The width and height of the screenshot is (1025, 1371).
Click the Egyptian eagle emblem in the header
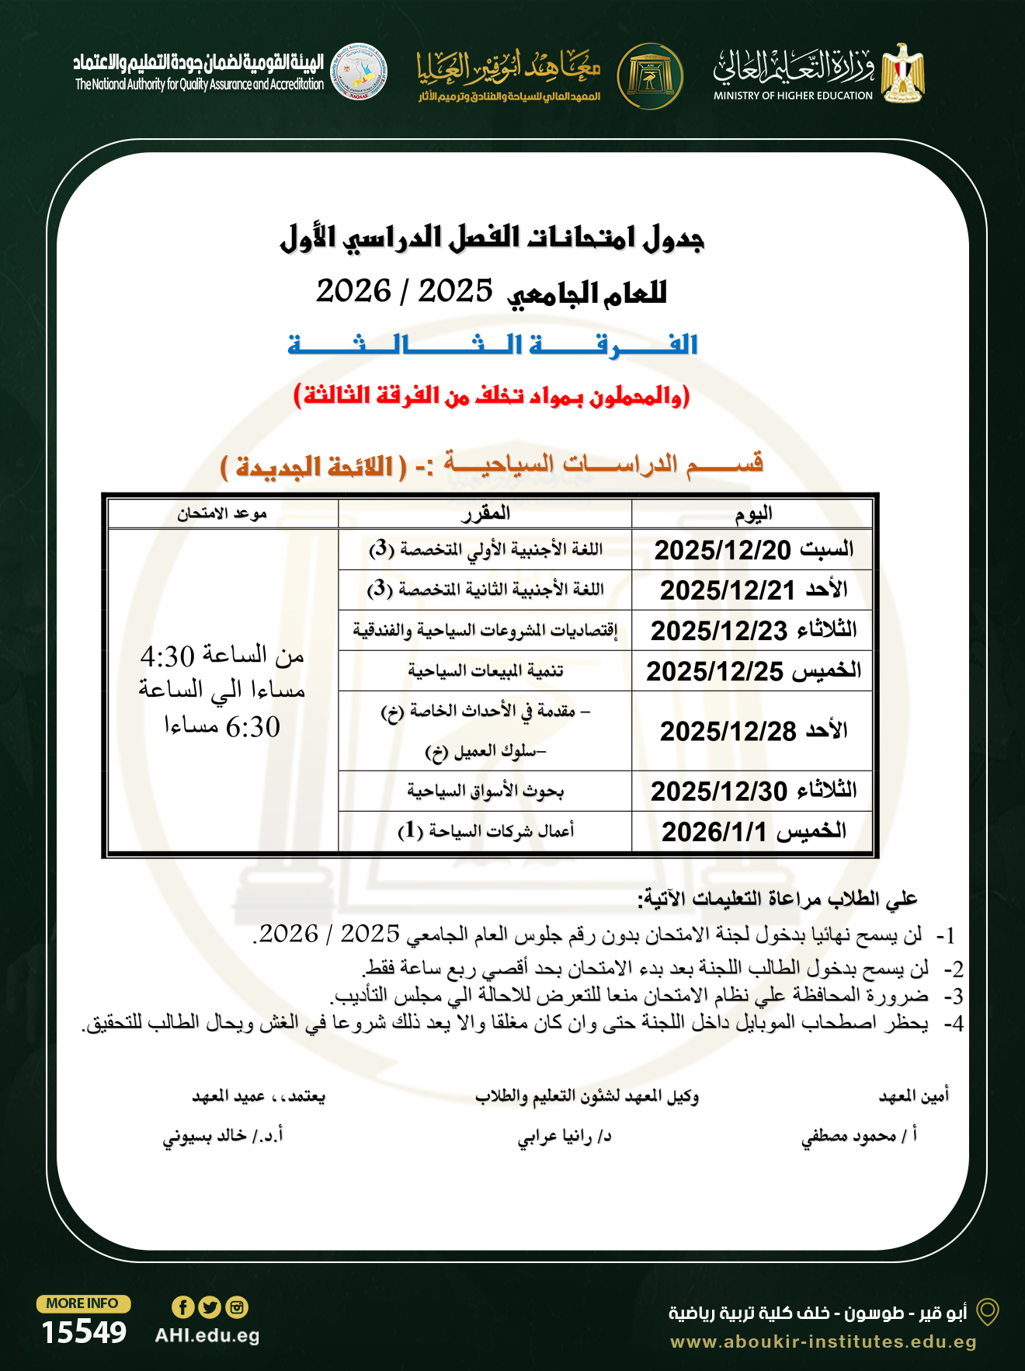902,73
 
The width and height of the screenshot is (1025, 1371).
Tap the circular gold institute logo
650,76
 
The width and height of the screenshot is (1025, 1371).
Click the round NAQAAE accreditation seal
359,71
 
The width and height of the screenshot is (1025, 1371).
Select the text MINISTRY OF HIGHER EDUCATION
793,96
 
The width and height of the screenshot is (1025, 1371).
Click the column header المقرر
485,513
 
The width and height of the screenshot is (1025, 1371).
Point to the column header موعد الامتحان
222,513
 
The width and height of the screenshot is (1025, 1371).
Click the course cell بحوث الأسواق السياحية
485,791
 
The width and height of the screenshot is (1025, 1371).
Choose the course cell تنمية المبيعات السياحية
485,670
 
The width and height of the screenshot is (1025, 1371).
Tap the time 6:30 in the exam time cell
253,727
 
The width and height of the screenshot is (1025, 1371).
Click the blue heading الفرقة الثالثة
493,344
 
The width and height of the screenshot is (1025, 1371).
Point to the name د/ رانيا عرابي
565,1136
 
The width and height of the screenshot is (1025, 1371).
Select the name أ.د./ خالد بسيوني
223,1136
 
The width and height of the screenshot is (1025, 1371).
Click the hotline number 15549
84,1332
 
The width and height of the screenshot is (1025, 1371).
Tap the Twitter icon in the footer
210,1307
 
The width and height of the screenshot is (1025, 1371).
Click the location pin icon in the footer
987,1312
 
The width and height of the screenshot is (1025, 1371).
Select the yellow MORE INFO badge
83,1303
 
